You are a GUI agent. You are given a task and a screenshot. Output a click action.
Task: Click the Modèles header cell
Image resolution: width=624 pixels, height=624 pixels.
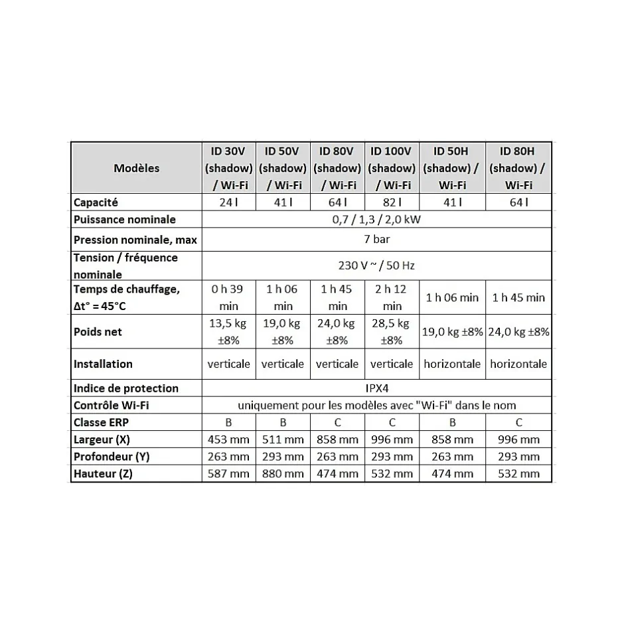coord(136,168)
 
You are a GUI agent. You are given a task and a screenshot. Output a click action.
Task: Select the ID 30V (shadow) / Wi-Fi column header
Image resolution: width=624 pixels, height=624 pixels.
coord(228,168)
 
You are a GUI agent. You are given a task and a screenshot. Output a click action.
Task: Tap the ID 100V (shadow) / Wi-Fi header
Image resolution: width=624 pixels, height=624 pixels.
coord(392,168)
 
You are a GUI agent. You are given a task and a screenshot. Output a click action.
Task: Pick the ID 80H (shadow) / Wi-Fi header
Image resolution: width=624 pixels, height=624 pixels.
coord(518,168)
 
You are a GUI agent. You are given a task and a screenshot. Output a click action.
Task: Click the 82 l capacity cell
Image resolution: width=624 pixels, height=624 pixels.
coord(392,202)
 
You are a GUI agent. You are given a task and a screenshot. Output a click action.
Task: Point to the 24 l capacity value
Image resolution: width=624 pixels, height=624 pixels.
coord(228,202)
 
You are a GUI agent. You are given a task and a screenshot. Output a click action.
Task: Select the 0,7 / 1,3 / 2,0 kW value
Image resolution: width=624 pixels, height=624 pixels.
coord(376,220)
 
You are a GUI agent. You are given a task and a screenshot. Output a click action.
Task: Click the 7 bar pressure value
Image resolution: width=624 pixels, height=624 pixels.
coord(376,239)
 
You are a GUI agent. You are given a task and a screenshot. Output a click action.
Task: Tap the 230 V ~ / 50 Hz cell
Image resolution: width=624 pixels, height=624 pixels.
coord(376,266)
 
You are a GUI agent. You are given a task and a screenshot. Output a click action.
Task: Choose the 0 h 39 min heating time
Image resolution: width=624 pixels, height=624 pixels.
coord(228,297)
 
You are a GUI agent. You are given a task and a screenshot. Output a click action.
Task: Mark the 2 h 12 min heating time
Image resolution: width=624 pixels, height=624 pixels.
coord(392,297)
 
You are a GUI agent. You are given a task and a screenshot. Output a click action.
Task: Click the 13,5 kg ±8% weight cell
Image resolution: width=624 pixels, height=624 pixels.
coord(228,332)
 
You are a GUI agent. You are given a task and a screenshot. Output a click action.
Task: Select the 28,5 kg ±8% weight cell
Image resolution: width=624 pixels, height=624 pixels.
coord(392,332)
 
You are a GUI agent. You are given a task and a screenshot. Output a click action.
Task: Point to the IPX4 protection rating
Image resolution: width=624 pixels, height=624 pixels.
coord(376,388)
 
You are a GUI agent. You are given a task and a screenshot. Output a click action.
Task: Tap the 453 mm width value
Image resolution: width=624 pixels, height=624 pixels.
coord(228,439)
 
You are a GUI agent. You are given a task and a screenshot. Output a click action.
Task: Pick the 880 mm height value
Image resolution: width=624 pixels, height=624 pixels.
coord(283,473)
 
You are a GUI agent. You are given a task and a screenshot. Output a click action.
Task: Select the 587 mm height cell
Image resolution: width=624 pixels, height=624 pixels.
coord(228,473)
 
